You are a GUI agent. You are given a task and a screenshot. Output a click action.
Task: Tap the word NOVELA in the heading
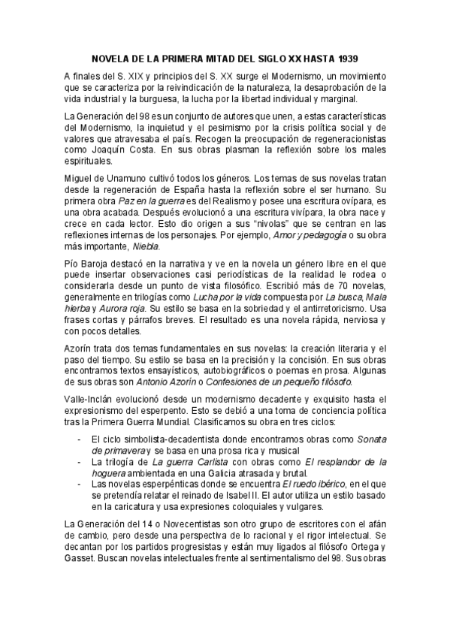pyautogui.click(x=110, y=57)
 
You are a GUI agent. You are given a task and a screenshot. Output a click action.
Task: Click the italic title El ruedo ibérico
pyautogui.click(x=310, y=484)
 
